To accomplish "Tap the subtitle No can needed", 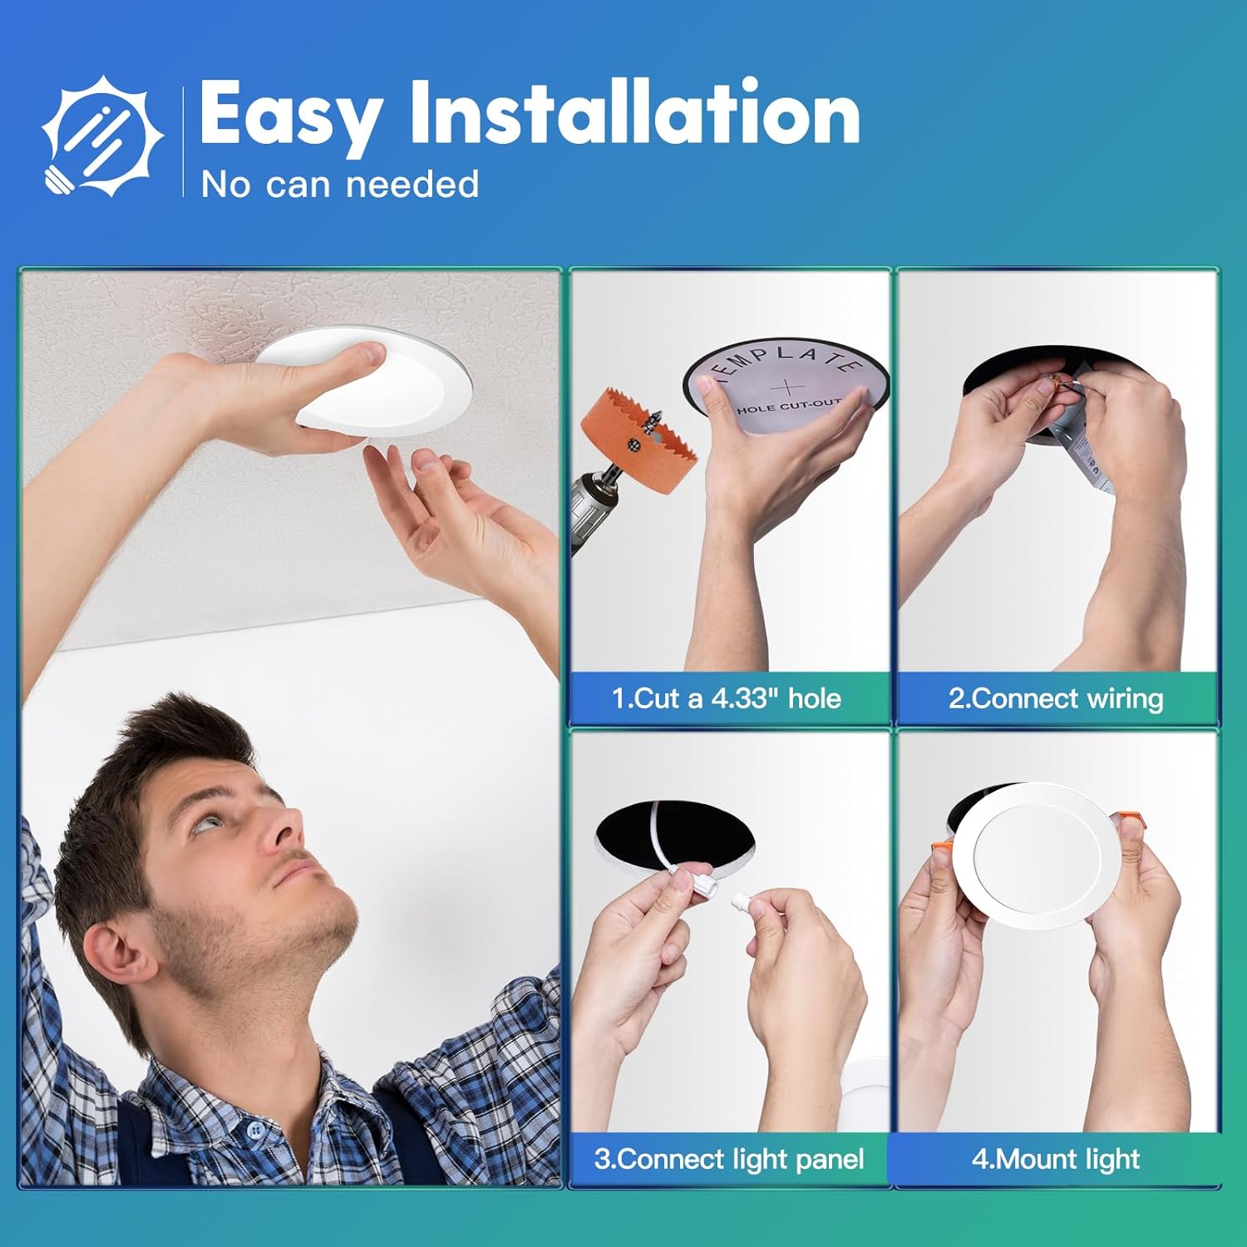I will [340, 185].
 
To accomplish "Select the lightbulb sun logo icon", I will [101, 136].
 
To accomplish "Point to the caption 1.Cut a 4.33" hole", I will [727, 698].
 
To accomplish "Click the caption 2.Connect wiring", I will [1056, 698].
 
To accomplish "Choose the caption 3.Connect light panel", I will [729, 1159].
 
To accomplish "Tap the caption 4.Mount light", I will [1056, 1159].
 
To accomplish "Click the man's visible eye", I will [209, 822].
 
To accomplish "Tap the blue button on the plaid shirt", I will [256, 1130].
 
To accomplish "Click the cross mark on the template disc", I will [786, 387].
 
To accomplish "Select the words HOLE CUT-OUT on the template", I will [788, 407].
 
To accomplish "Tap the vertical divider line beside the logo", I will [184, 141].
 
